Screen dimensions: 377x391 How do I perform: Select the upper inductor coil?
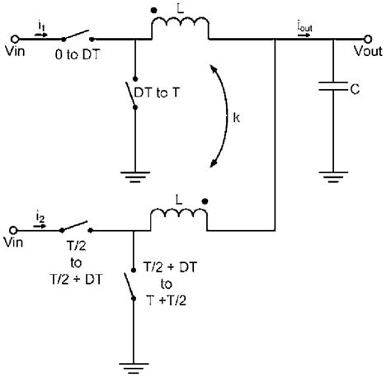[179, 33]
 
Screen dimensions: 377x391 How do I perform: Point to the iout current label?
[305, 28]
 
